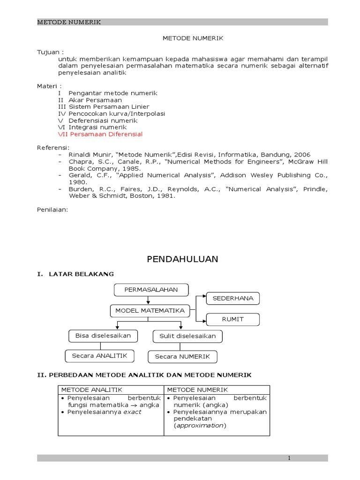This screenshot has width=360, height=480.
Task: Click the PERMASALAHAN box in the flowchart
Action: pos(151,290)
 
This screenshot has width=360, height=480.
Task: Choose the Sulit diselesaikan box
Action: pos(187,336)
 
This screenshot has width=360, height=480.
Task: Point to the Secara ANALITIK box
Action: pos(99,356)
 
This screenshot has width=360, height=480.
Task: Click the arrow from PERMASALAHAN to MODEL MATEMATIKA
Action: pos(148,300)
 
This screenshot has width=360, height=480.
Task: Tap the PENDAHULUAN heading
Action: pos(182,259)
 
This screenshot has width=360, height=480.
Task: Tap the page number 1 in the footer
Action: pos(290,458)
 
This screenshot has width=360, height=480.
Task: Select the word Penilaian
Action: pos(52,210)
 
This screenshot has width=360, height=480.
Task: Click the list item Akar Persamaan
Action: pos(95,100)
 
